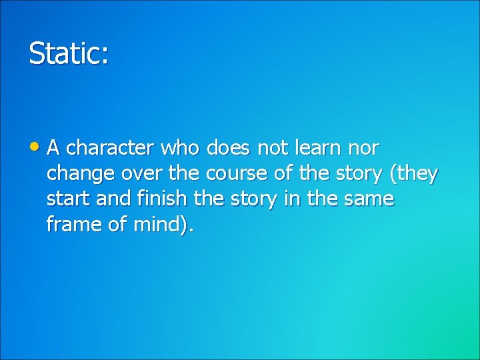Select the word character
pyautogui.click(x=108, y=147)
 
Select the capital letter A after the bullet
pyautogui.click(x=53, y=147)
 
